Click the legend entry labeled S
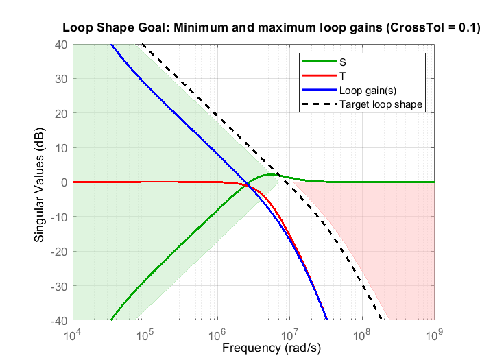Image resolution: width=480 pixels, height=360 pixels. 342,60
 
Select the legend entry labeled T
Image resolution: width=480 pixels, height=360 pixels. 342,75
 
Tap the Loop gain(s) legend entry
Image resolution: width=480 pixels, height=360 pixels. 365,90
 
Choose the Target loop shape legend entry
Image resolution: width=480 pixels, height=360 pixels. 381,104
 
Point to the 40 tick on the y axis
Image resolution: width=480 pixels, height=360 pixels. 61,45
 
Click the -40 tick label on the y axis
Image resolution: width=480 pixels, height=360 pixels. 58,320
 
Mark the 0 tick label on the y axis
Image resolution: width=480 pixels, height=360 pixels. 64,182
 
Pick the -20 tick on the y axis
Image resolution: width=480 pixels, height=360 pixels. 58,252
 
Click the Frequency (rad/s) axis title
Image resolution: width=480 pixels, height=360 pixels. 271,348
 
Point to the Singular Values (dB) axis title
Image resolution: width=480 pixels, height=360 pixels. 40,182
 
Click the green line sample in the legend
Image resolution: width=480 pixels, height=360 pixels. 317,60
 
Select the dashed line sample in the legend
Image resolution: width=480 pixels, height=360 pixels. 317,104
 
